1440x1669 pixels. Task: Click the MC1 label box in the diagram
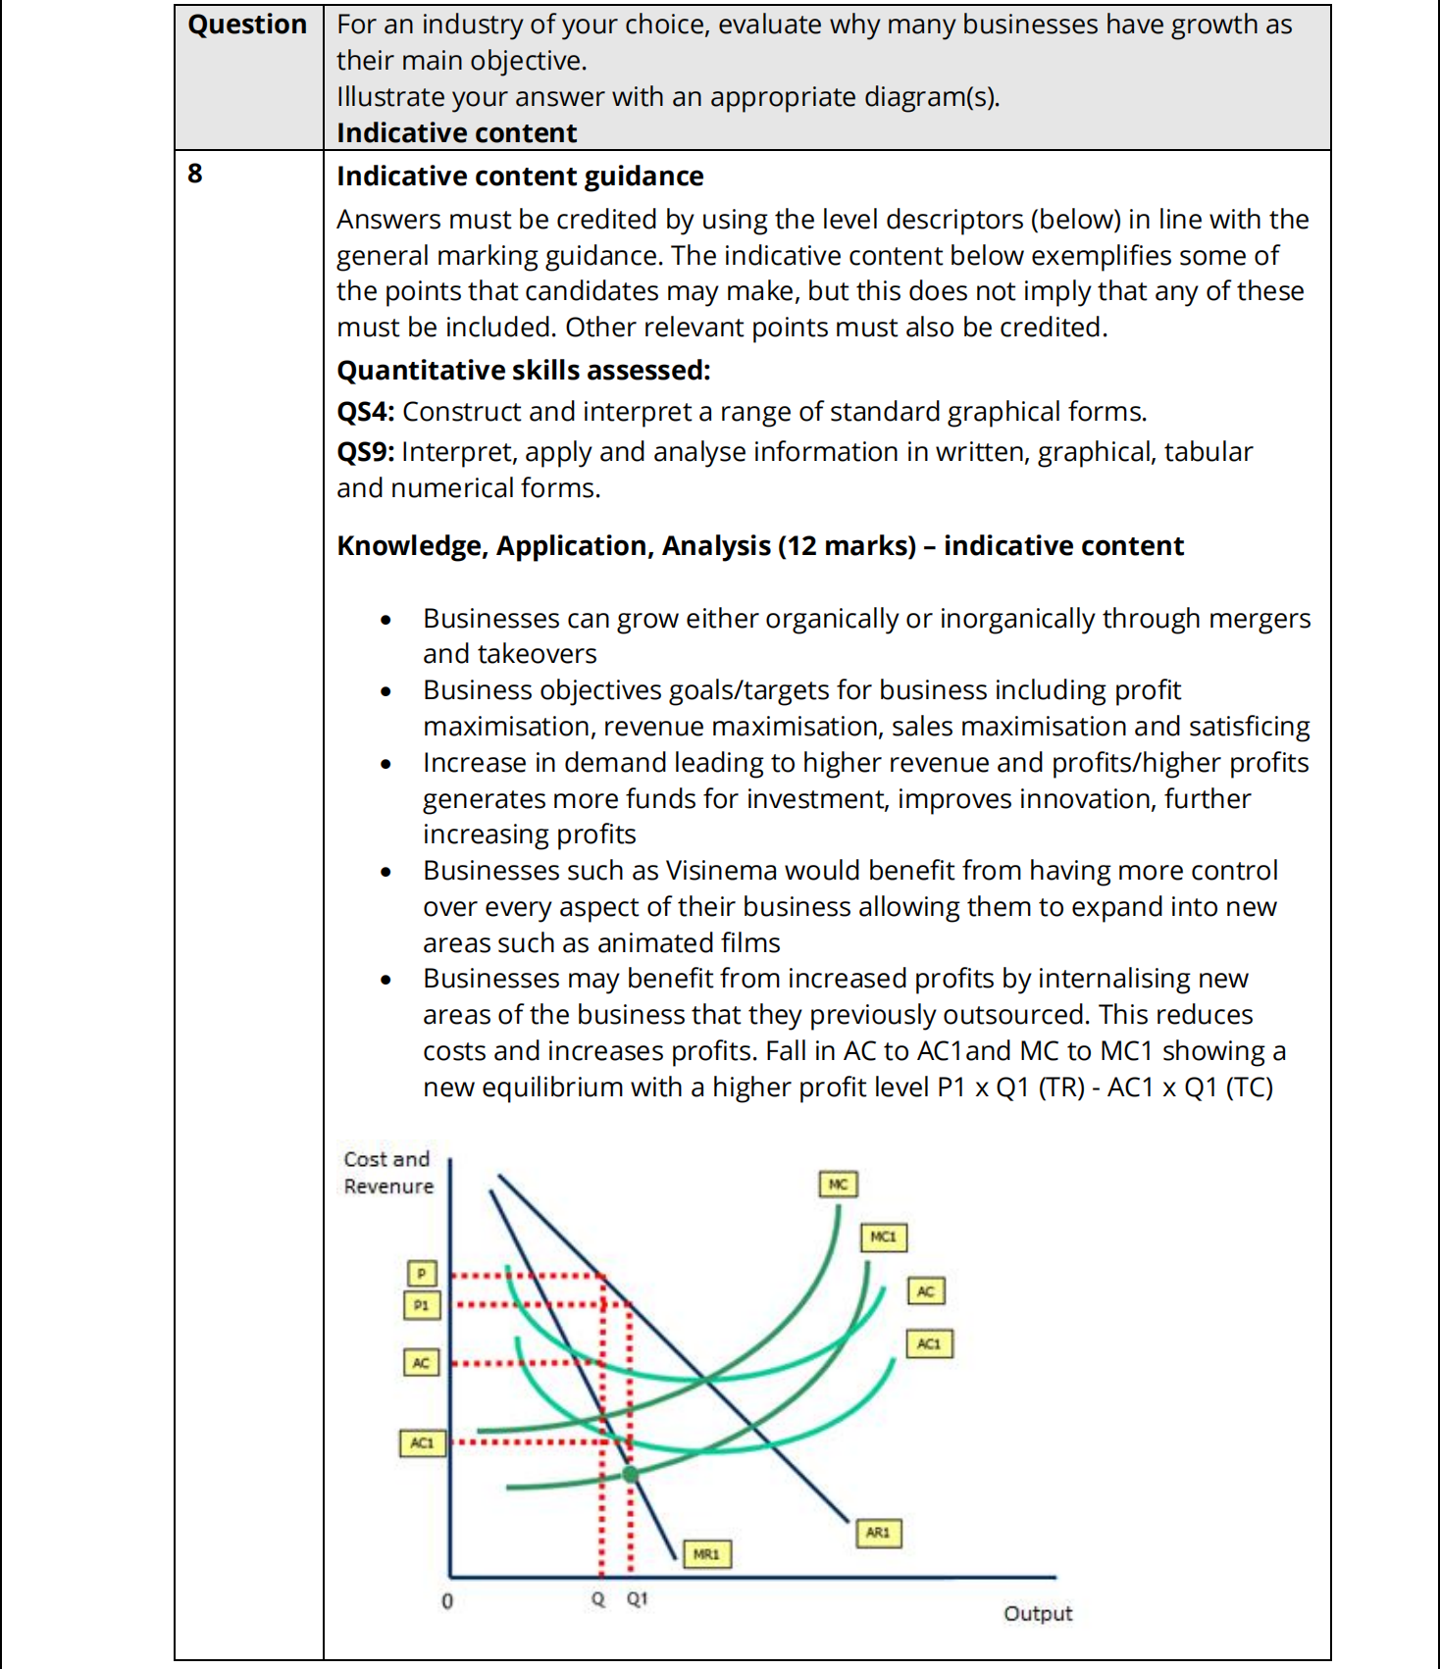pyautogui.click(x=883, y=1237)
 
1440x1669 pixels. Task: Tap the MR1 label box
pyautogui.click(x=706, y=1553)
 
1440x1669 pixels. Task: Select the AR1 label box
pyautogui.click(x=877, y=1532)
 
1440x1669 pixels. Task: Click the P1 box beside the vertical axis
pyautogui.click(x=422, y=1305)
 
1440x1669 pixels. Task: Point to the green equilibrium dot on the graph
pyautogui.click(x=630, y=1473)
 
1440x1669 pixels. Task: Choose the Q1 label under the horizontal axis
pyautogui.click(x=637, y=1598)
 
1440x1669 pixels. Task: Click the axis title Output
pyautogui.click(x=1037, y=1613)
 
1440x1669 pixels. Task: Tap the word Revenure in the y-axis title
pyautogui.click(x=388, y=1187)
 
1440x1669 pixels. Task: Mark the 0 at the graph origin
pyautogui.click(x=447, y=1601)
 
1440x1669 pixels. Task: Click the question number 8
pyautogui.click(x=195, y=174)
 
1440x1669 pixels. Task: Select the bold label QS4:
pyautogui.click(x=365, y=412)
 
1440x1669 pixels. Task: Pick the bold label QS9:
pyautogui.click(x=365, y=452)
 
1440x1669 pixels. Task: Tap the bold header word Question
pyautogui.click(x=247, y=25)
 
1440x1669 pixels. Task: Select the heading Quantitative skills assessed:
pyautogui.click(x=523, y=371)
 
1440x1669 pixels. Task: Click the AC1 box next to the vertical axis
pyautogui.click(x=422, y=1443)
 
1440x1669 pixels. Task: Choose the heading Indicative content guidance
pyautogui.click(x=520, y=177)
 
